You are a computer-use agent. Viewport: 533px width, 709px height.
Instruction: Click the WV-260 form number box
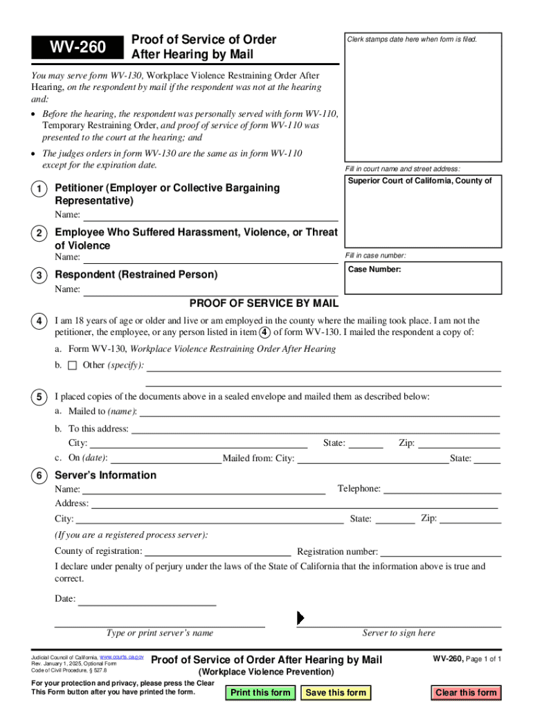point(77,47)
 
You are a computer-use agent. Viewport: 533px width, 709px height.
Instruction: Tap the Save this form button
point(336,692)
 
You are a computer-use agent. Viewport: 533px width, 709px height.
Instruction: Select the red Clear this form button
point(466,692)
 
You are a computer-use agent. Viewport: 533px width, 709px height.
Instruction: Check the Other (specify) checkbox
point(72,365)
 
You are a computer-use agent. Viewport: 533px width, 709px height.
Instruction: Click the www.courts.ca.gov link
point(122,656)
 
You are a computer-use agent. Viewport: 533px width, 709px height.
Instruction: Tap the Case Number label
point(374,269)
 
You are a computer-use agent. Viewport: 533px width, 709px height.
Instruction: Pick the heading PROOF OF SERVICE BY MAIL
point(264,303)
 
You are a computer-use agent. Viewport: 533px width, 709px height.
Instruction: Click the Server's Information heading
point(105,475)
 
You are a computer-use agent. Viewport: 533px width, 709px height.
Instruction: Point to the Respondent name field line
point(210,294)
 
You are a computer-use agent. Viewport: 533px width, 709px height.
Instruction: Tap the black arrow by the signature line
point(300,618)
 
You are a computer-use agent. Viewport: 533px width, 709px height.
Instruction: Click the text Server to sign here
point(399,633)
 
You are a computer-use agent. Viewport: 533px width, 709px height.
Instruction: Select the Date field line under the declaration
point(147,604)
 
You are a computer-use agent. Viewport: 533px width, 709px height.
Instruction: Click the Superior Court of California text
point(419,181)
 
